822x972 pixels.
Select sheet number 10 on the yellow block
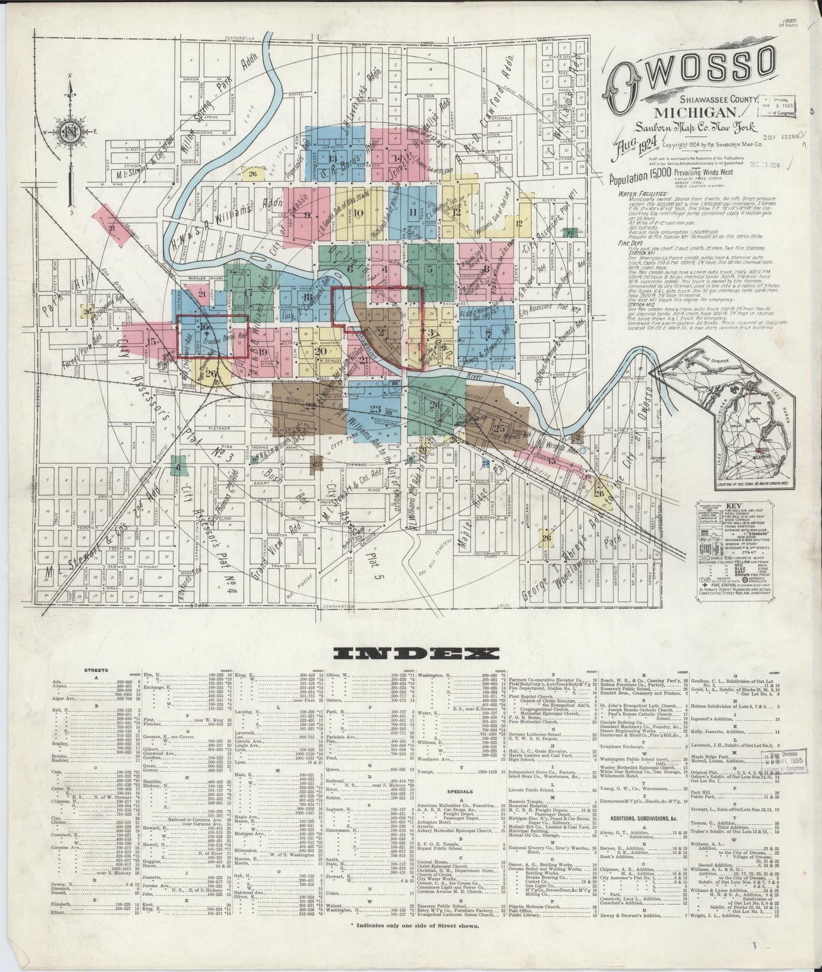(x=358, y=214)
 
